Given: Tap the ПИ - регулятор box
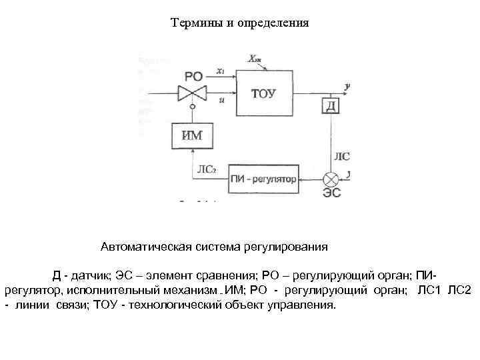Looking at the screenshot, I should point(263,179).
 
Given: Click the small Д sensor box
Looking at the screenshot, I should point(331,106).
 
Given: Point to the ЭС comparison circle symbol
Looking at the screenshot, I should point(331,179).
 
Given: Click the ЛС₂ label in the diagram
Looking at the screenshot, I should point(207,169).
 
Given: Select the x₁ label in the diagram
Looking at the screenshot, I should point(221,71).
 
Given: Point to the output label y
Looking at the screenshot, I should point(348,86).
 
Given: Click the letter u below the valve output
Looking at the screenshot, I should point(221,99).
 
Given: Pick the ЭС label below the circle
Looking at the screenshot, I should point(331,194).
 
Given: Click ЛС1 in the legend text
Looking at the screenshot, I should point(429,290).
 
